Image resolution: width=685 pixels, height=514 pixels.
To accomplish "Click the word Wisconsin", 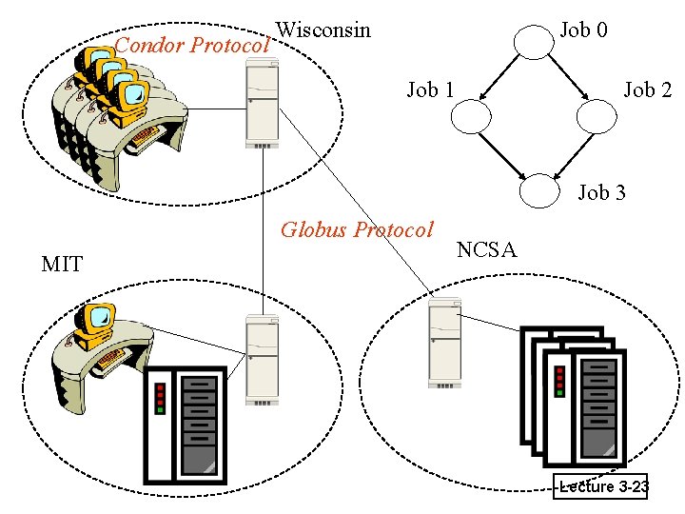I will [x=323, y=30].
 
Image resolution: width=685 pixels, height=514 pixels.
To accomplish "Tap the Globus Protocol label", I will [x=357, y=229].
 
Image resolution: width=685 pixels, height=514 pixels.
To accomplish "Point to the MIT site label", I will [x=63, y=264].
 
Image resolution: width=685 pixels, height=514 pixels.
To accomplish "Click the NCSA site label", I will [x=486, y=250].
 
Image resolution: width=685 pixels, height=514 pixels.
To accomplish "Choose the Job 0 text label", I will [x=583, y=30].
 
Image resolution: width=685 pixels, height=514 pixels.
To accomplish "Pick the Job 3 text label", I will [x=602, y=193].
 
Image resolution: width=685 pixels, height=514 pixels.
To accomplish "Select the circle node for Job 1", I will [x=471, y=116].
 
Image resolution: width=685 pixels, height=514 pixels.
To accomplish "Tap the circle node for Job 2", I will [x=598, y=116].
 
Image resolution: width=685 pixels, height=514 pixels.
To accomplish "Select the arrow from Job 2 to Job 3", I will [x=570, y=155].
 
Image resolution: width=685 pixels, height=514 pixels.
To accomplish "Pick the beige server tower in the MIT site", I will [x=261, y=360].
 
